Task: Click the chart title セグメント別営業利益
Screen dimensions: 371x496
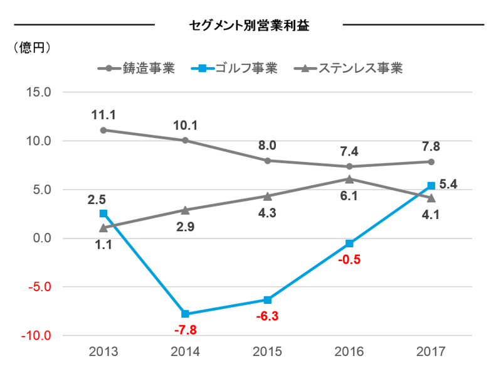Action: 249,26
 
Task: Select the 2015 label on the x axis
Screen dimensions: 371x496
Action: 267,352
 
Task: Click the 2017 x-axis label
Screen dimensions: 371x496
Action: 431,352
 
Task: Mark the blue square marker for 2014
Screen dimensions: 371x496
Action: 185,314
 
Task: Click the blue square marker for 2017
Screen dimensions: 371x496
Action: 431,186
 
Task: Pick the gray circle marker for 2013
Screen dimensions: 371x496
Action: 103,130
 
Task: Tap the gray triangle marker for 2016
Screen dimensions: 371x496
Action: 349,179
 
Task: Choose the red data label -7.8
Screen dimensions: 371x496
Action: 185,330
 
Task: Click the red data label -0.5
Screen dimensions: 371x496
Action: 349,259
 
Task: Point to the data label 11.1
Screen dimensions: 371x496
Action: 103,115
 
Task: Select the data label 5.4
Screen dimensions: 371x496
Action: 448,185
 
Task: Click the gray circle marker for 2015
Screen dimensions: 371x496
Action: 267,161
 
